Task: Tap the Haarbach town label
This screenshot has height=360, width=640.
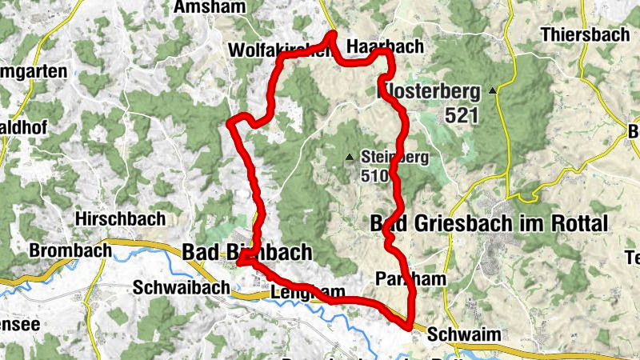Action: tap(386, 47)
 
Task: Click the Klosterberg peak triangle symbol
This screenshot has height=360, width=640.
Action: tap(493, 90)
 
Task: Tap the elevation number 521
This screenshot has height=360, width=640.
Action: tap(462, 115)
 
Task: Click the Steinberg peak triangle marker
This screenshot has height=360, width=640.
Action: tap(349, 157)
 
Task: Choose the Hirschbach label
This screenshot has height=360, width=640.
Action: tap(120, 218)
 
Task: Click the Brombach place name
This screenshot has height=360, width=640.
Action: tap(70, 250)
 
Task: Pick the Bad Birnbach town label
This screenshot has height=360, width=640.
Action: tap(247, 253)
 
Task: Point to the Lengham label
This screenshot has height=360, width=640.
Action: tap(307, 292)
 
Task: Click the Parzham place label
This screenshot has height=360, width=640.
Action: tap(410, 278)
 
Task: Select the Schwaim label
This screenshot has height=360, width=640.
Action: tap(458, 334)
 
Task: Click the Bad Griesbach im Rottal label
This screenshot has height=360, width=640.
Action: tap(490, 223)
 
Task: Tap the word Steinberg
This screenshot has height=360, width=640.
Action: tap(395, 157)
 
